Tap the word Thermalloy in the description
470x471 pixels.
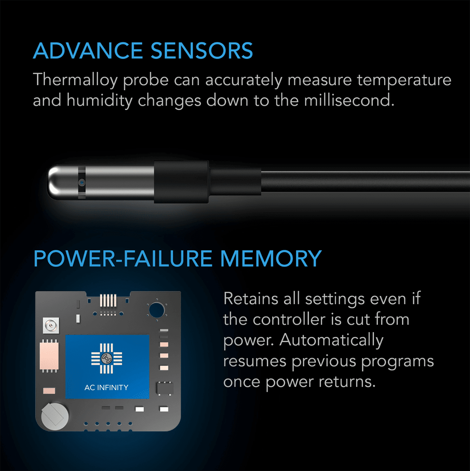coord(75,80)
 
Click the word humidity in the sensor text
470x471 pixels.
coord(99,100)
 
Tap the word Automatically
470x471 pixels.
coord(331,340)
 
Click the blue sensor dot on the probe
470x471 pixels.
coord(81,182)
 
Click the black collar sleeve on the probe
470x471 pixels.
coord(181,182)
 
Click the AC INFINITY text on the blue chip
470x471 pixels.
coord(107,387)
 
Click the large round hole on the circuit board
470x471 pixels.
coord(156,310)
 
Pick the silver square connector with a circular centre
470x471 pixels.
coord(50,326)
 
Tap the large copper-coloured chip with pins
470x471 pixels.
coord(49,355)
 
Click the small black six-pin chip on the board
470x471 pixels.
coord(164,388)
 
